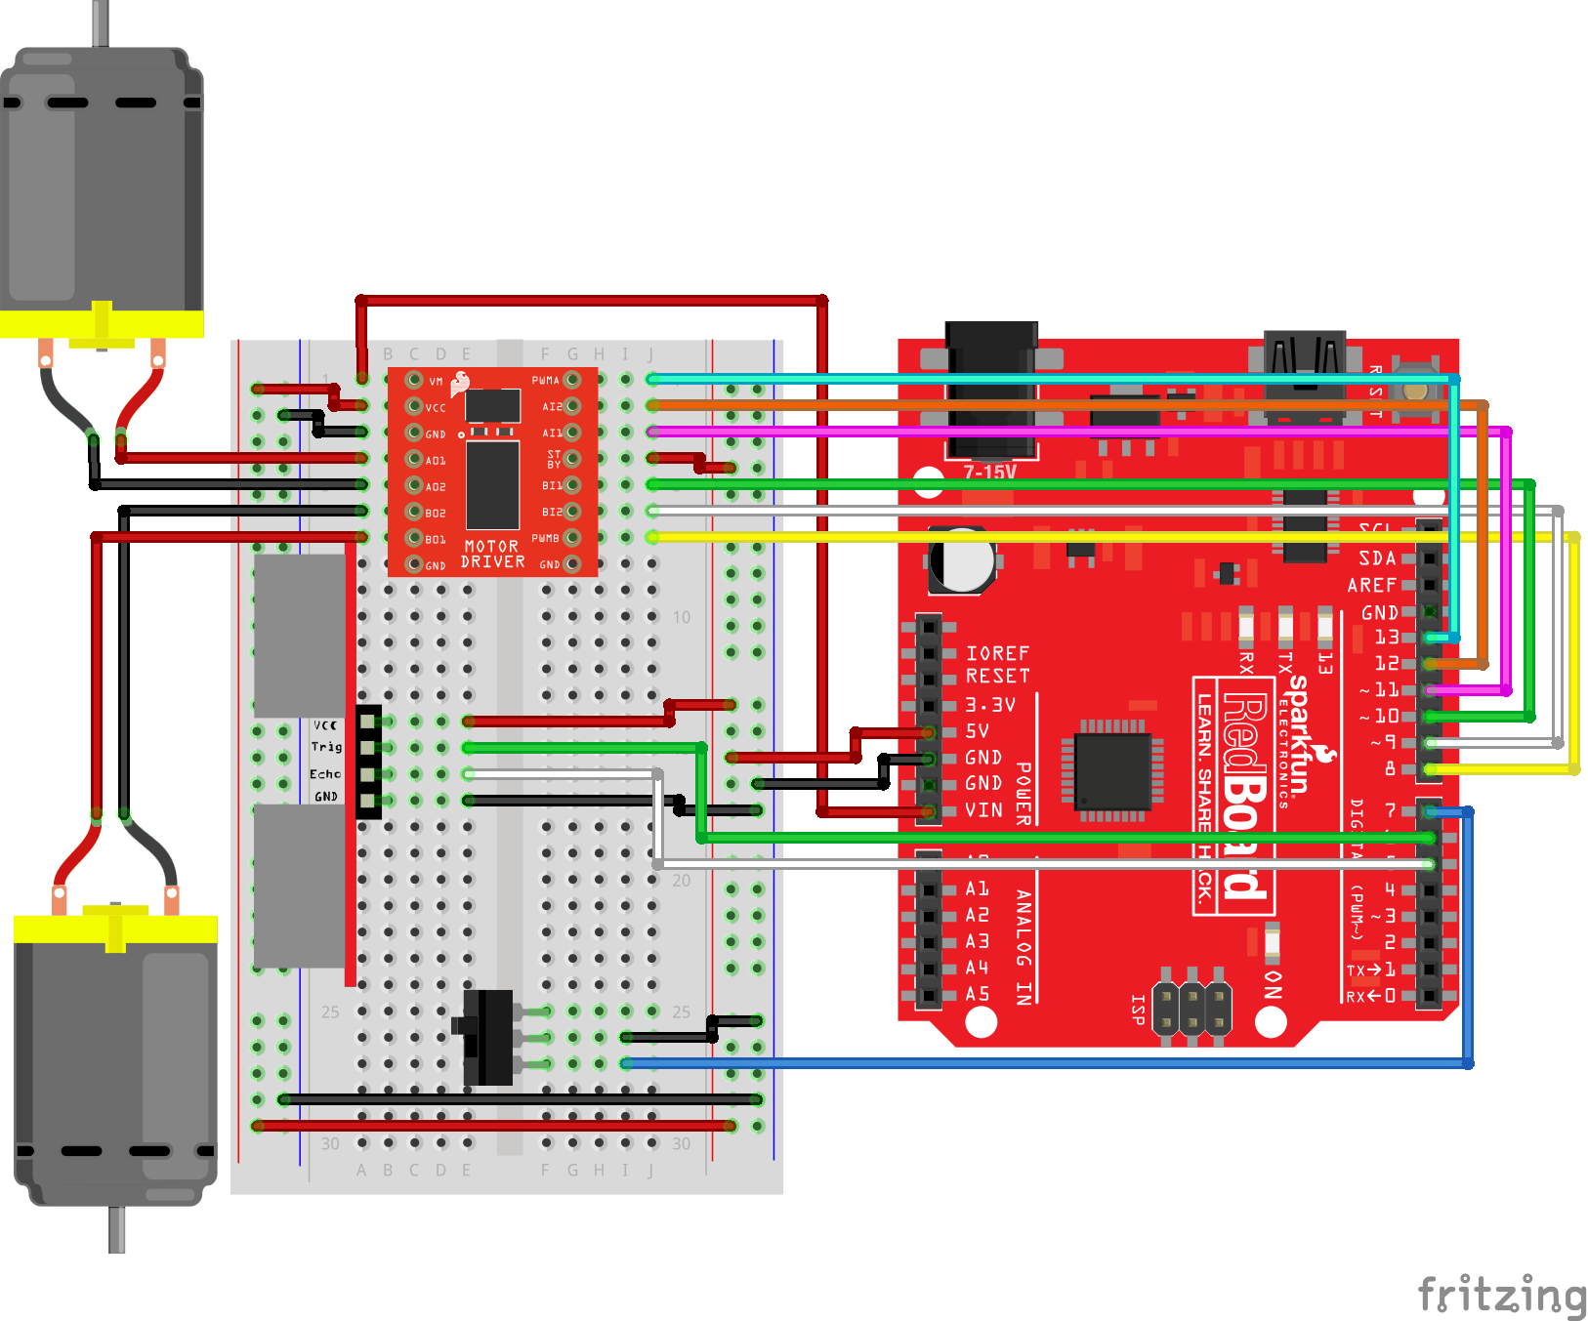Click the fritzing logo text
(x=1500, y=1295)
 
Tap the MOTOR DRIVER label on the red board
(x=492, y=555)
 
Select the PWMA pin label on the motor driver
(x=545, y=380)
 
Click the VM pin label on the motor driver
(x=436, y=382)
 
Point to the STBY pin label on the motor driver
(x=554, y=459)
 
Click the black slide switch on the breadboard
(x=488, y=1037)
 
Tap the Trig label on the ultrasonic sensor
(x=326, y=747)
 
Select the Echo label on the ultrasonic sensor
(x=325, y=773)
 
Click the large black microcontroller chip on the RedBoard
(x=1112, y=771)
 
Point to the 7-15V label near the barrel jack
(x=989, y=472)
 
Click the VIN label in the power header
(x=983, y=809)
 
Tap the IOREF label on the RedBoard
(x=997, y=652)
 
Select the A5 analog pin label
(x=977, y=994)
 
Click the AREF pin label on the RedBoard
(x=1371, y=585)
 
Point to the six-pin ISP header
(x=1191, y=1008)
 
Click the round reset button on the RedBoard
(x=1415, y=390)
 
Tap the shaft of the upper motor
(x=101, y=22)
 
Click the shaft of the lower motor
(x=116, y=1230)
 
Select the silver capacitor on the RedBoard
(x=962, y=560)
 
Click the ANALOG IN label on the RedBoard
(x=1023, y=946)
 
